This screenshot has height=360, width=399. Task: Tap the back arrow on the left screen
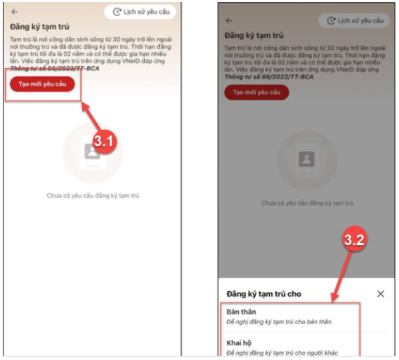coord(15,12)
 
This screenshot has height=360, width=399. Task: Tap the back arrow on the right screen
coord(229,20)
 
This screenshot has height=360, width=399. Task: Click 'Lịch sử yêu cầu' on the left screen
coord(140,12)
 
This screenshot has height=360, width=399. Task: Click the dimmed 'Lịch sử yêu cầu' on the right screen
coord(354,20)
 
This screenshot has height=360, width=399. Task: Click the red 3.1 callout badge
coord(104,141)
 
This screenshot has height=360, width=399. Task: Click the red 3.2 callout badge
coord(355,239)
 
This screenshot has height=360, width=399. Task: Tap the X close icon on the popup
coord(381,294)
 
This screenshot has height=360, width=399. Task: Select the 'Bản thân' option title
coord(241,312)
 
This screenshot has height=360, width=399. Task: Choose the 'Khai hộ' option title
coord(239,343)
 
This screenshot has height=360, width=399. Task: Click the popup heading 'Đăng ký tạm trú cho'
coord(264,294)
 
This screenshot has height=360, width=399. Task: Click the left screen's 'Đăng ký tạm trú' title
coord(39,27)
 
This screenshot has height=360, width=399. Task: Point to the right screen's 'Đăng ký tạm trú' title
coord(254,35)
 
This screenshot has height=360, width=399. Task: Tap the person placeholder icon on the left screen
coord(92,152)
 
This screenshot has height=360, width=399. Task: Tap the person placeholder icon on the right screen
coord(307,159)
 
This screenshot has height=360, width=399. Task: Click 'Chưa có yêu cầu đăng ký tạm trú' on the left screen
coord(93,196)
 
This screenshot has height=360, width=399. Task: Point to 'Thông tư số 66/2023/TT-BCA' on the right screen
coord(269,76)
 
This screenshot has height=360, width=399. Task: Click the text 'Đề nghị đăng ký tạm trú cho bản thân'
coord(279,322)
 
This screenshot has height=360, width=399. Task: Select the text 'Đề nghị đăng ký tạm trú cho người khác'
coord(282,353)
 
